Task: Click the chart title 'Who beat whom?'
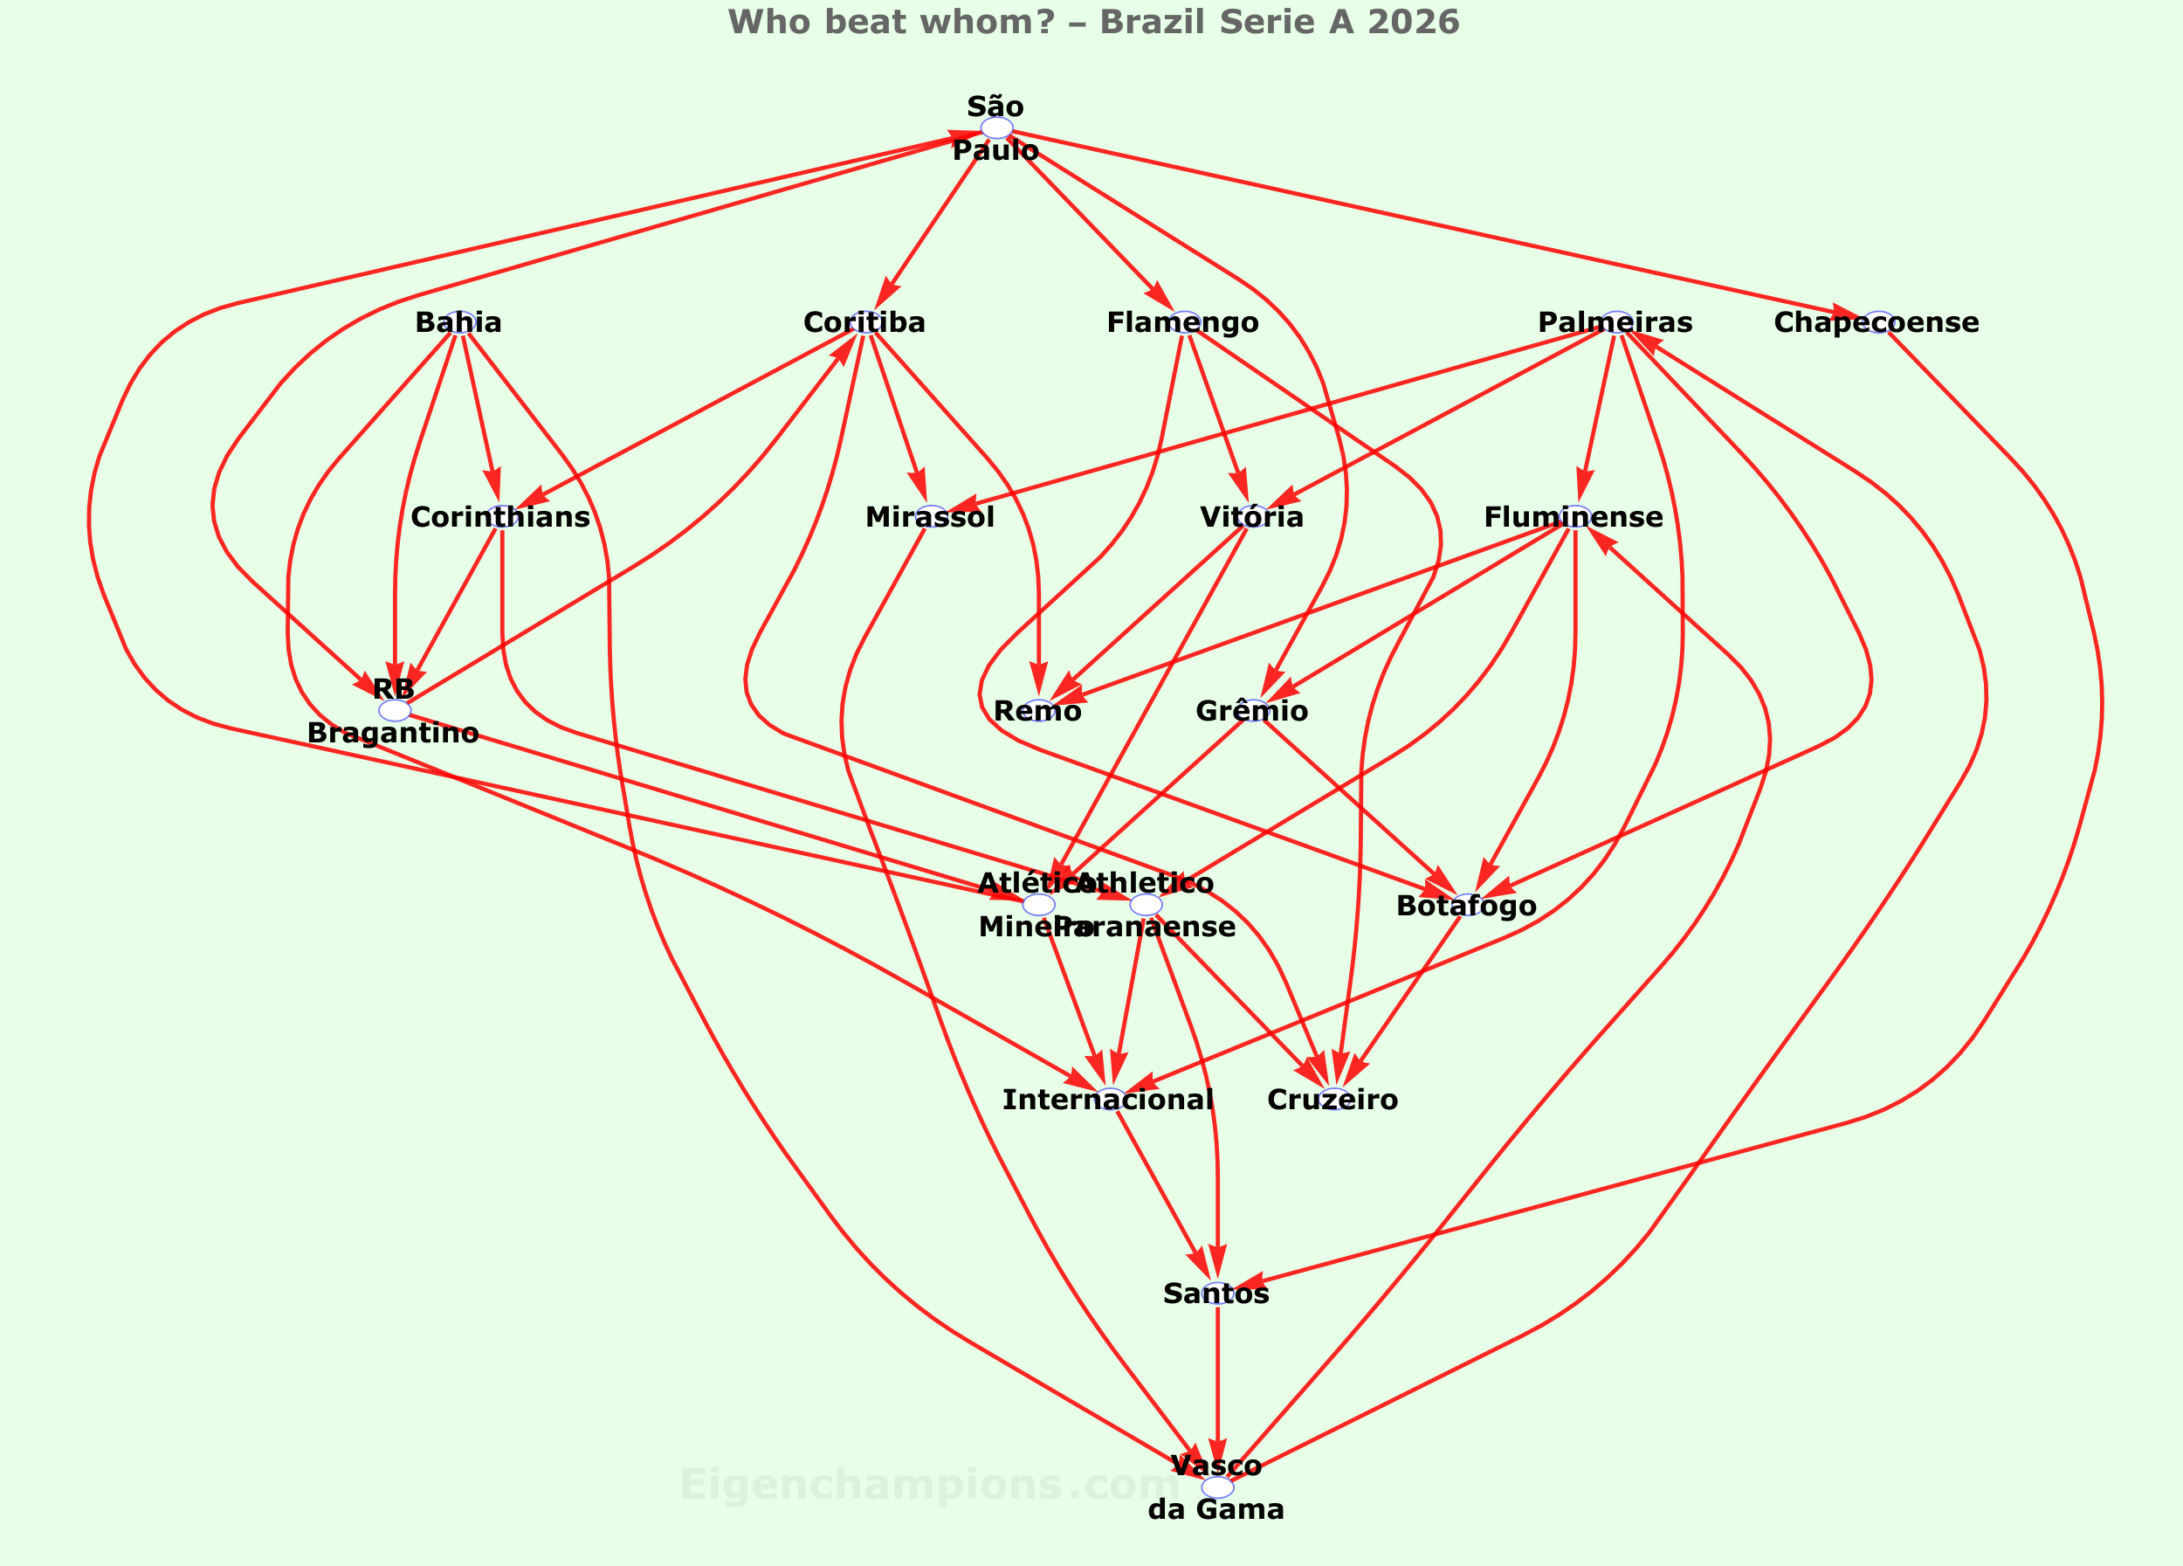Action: (x=1092, y=22)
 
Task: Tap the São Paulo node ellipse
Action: (x=996, y=128)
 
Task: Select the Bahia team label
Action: (x=458, y=322)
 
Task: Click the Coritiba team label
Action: (x=864, y=322)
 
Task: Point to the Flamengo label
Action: (x=1182, y=322)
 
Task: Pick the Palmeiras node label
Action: (x=1615, y=322)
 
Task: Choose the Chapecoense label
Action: (x=1876, y=322)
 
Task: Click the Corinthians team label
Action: (x=500, y=517)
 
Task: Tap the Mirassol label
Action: (x=930, y=517)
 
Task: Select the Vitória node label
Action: (x=1251, y=517)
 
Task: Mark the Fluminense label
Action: (x=1573, y=517)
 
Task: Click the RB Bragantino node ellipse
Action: (x=395, y=710)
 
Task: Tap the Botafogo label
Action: (x=1466, y=906)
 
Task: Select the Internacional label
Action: (x=1108, y=1100)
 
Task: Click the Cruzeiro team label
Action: (x=1333, y=1100)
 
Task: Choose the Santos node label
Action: (x=1215, y=1294)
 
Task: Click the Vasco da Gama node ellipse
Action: (x=1216, y=1487)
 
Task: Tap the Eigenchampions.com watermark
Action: (x=929, y=1485)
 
